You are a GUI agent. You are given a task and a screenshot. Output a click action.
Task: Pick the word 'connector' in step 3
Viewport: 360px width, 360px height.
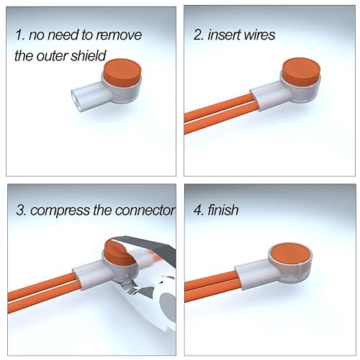[144, 212]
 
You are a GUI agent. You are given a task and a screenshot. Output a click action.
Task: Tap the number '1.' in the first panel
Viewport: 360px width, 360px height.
[21, 35]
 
